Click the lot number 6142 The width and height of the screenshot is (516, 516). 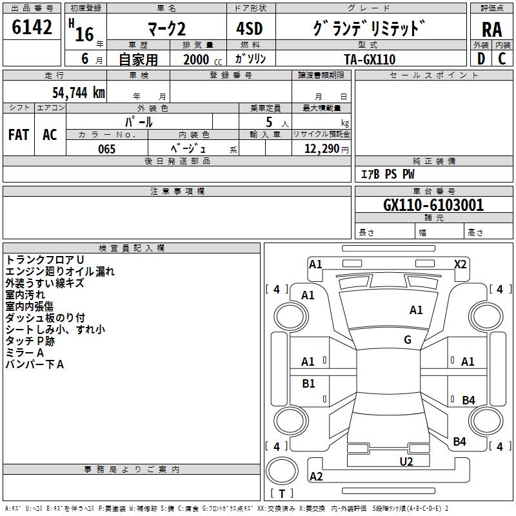coord(32,27)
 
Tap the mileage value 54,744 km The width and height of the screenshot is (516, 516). coord(79,93)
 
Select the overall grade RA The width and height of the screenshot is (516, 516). coord(492,30)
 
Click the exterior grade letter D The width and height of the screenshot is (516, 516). coord(481,59)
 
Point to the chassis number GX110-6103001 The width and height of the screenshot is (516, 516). coord(433,204)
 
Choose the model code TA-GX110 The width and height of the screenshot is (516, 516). coord(370,59)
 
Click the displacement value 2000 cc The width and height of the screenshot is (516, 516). coord(203,60)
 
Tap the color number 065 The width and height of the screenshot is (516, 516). coord(107,149)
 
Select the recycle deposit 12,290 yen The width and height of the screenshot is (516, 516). coord(326,149)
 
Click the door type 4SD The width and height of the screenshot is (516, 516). coord(250,28)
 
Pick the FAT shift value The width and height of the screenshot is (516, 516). coord(19,135)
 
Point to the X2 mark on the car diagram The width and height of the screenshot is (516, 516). coord(460,264)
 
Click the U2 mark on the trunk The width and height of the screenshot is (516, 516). coord(406,461)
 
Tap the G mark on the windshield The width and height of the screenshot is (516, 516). coord(408,340)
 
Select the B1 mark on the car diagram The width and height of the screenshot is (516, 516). coord(308,383)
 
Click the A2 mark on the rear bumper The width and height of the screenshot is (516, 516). coord(316,476)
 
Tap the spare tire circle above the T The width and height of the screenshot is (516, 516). coord(282,471)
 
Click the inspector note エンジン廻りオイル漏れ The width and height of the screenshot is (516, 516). coord(60,271)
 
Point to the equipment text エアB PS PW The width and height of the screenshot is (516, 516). coord(388,174)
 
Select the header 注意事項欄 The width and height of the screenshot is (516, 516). coord(177,191)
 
